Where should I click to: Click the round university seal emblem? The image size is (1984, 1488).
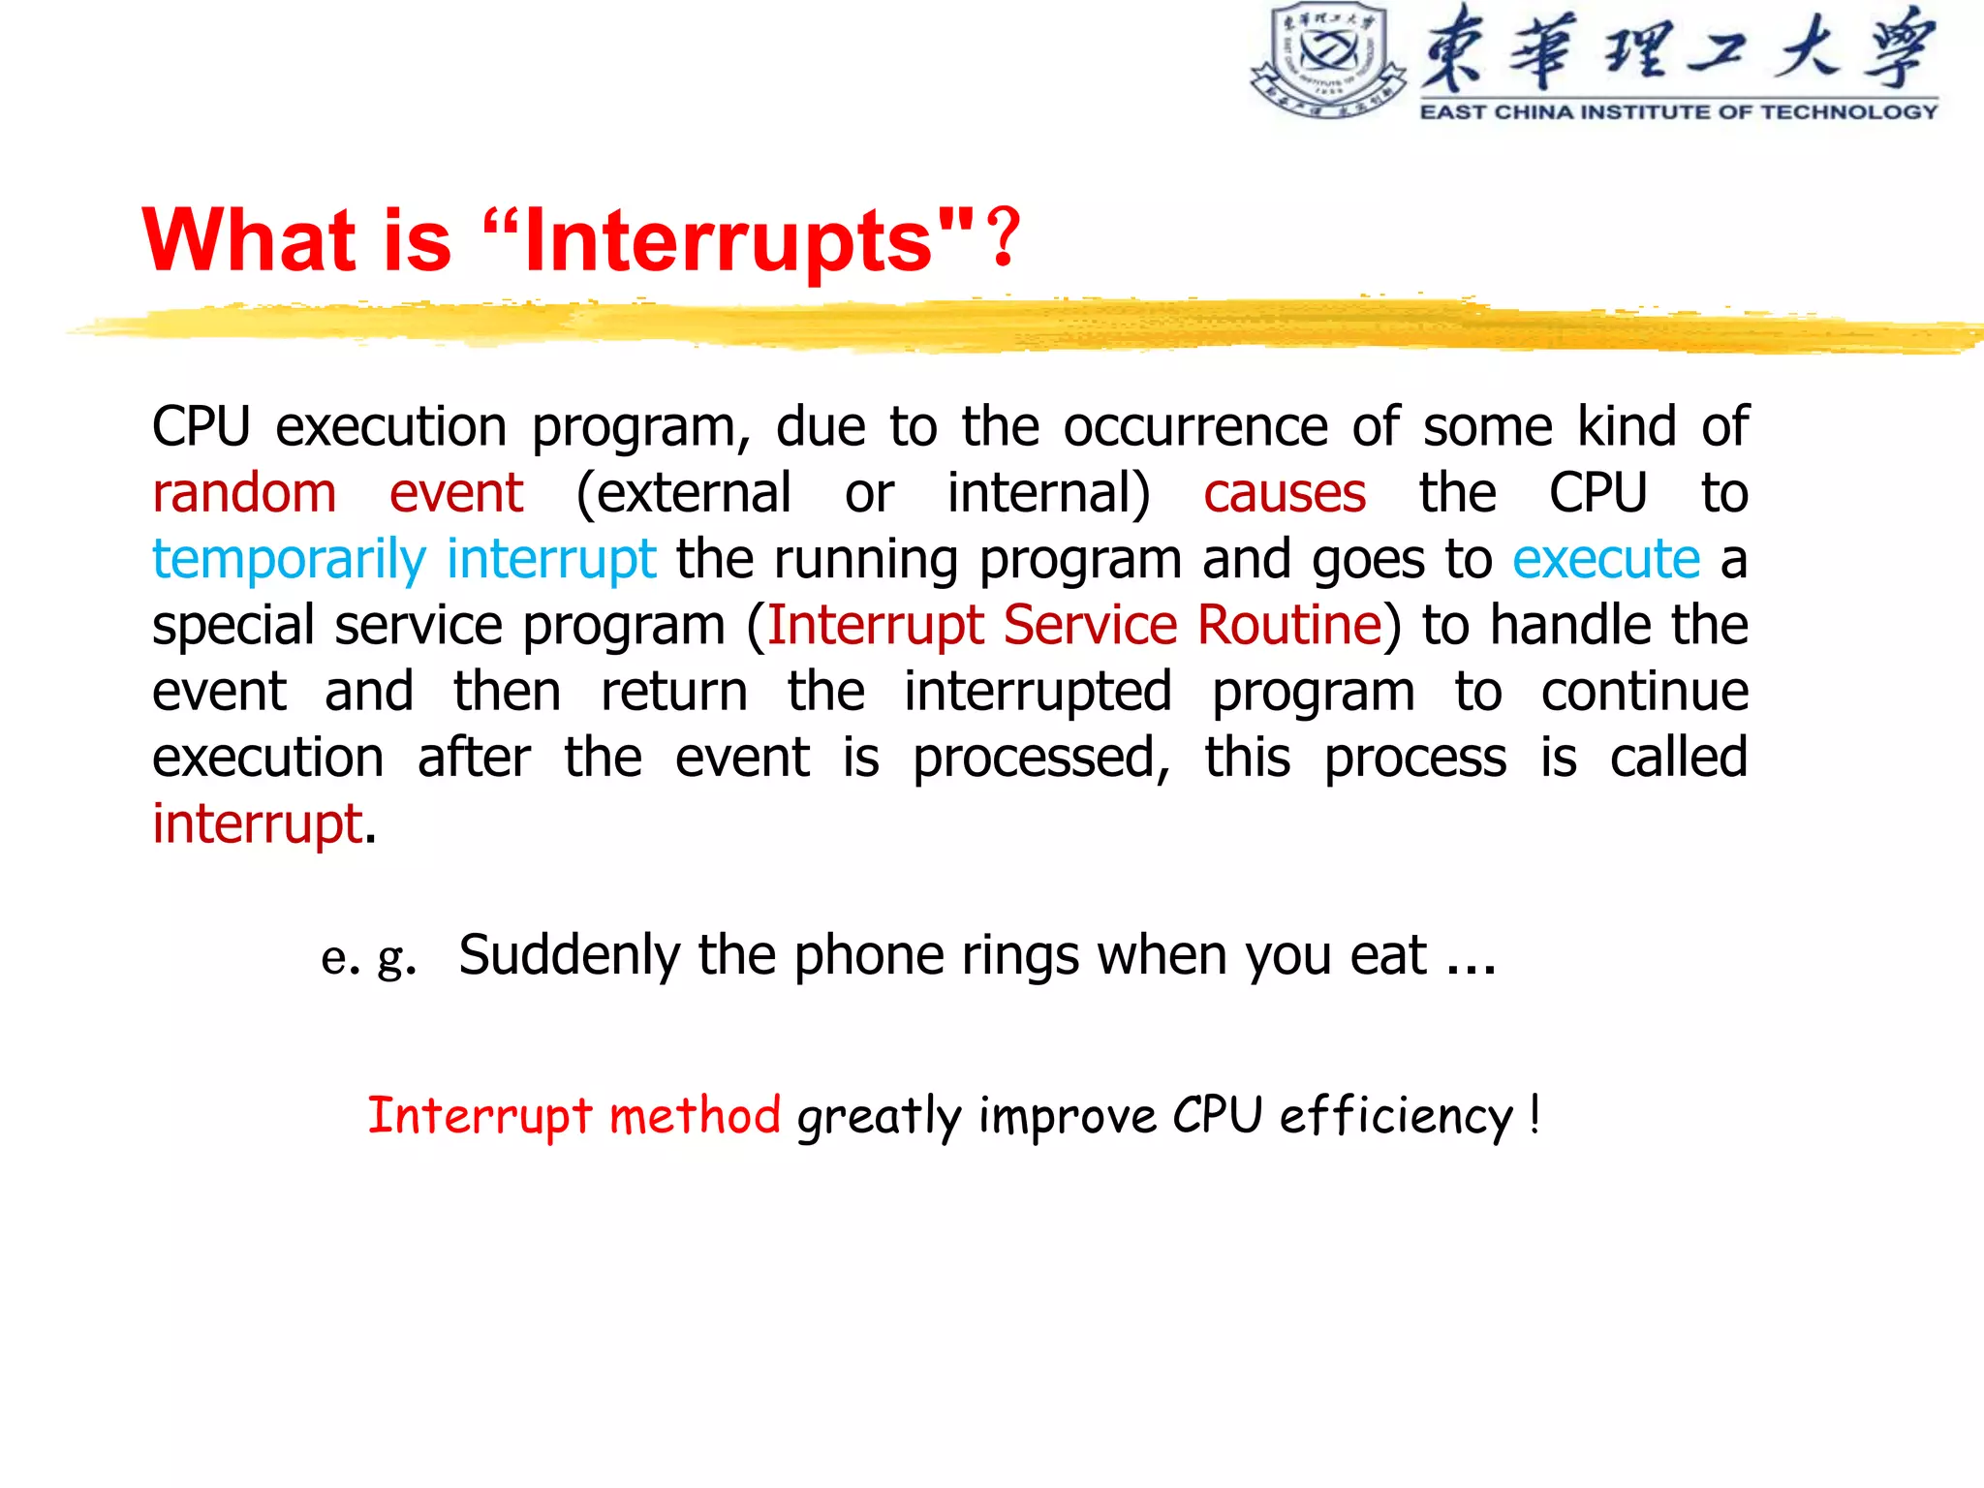(1328, 60)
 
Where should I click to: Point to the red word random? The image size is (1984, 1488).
(244, 493)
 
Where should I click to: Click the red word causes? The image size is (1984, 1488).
(1285, 493)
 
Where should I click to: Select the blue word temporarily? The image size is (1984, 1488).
(289, 560)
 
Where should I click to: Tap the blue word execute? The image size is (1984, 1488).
(1605, 560)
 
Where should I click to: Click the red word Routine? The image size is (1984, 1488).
(1288, 625)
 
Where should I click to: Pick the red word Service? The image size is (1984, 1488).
(1090, 625)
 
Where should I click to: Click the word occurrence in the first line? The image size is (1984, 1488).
(1195, 427)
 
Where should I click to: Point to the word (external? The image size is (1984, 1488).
(684, 493)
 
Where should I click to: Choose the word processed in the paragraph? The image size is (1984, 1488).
(1041, 758)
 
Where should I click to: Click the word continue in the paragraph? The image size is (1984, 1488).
(1644, 692)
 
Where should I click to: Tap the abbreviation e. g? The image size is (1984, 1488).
(369, 957)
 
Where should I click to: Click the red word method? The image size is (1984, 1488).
(695, 1116)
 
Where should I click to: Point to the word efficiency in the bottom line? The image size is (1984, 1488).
(1396, 1116)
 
